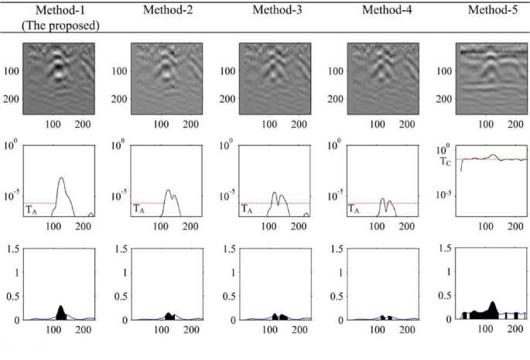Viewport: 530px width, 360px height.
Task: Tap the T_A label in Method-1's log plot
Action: click(30, 208)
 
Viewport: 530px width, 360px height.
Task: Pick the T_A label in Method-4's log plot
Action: click(354, 208)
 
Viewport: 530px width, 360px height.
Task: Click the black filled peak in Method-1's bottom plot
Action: click(61, 312)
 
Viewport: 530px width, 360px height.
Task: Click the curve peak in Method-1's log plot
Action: click(62, 179)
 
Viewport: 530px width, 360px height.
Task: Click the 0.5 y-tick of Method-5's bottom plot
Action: click(443, 296)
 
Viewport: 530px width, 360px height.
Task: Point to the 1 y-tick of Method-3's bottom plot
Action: click(230, 273)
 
